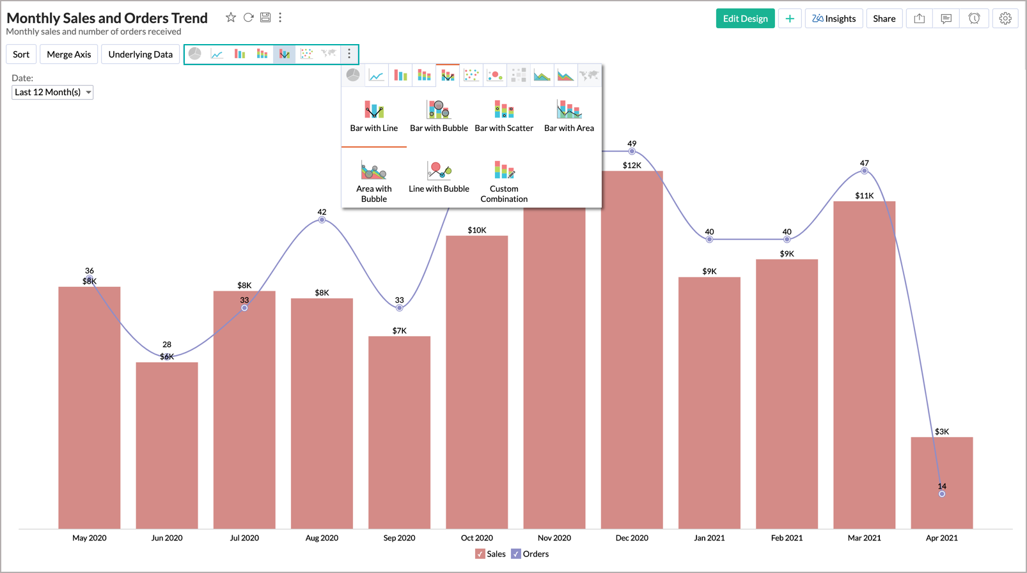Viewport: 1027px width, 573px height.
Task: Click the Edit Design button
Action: (745, 19)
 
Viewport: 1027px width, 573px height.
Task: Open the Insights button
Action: (834, 19)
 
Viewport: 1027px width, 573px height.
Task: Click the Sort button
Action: (21, 54)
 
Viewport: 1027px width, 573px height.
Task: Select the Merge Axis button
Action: (68, 54)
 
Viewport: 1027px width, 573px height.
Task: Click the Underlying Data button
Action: (140, 54)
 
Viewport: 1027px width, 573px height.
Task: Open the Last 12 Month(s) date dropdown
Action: (52, 92)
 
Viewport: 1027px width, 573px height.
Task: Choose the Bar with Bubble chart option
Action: (439, 116)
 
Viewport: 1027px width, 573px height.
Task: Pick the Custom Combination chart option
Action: (504, 181)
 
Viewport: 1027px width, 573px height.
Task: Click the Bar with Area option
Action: (568, 116)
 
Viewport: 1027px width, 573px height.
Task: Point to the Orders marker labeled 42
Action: (322, 220)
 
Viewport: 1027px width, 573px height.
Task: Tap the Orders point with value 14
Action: (941, 494)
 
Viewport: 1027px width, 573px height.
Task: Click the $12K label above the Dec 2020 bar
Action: (631, 165)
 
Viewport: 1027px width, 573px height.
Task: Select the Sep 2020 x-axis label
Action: (399, 538)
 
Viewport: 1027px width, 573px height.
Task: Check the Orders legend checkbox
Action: (516, 554)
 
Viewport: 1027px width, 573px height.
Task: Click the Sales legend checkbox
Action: (480, 554)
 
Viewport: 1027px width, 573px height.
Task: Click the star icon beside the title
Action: (231, 18)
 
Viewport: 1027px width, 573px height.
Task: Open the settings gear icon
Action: (1005, 19)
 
